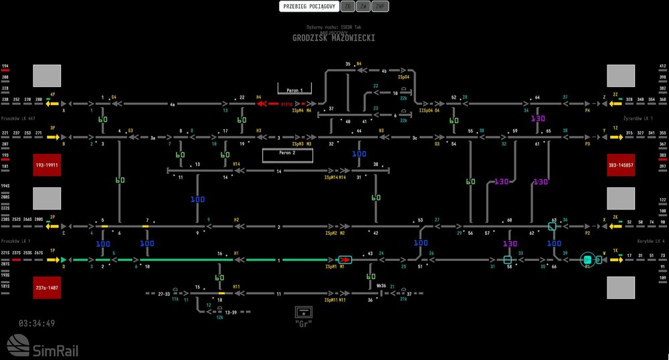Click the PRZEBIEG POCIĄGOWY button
pos(308,7)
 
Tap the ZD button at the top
pos(347,7)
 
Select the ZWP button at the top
pos(380,7)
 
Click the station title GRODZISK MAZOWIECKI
pos(333,39)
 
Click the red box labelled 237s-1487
pos(47,288)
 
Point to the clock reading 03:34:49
pos(37,324)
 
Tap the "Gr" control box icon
pos(304,312)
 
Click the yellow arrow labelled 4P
pos(53,104)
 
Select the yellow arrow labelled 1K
pos(616,260)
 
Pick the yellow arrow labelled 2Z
pos(615,104)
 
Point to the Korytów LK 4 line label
pos(651,240)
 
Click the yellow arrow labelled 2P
pos(53,226)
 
